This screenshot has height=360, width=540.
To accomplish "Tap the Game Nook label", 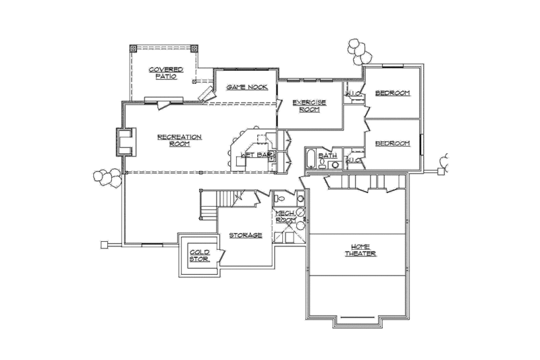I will click(x=247, y=87).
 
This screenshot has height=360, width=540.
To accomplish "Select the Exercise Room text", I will click(x=309, y=105).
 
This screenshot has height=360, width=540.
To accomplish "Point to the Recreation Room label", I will click(x=179, y=140).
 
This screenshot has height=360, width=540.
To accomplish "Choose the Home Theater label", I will click(x=359, y=249).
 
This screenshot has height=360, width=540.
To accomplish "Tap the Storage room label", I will click(x=246, y=235).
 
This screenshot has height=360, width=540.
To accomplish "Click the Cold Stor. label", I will click(x=199, y=255).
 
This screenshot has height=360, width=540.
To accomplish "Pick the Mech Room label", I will click(x=284, y=217).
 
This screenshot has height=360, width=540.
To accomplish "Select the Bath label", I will click(x=328, y=155).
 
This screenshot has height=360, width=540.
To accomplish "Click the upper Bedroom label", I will click(x=393, y=93).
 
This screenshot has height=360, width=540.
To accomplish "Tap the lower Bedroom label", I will click(x=393, y=143).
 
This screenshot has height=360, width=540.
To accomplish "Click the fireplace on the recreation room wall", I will click(x=124, y=142).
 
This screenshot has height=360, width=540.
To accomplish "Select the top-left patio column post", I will click(x=133, y=49).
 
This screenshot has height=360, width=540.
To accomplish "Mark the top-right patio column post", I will click(x=194, y=49).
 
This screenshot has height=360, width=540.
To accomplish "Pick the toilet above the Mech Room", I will click(x=280, y=199).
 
